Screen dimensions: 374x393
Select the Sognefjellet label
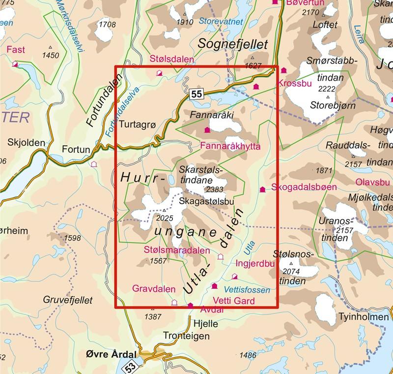click(x=232, y=44)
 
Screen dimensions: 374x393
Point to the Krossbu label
click(x=295, y=83)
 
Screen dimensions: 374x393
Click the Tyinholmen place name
click(x=364, y=316)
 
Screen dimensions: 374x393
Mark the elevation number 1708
click(x=107, y=25)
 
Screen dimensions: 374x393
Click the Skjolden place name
click(x=27, y=143)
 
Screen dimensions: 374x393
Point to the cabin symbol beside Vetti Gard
click(x=214, y=286)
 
